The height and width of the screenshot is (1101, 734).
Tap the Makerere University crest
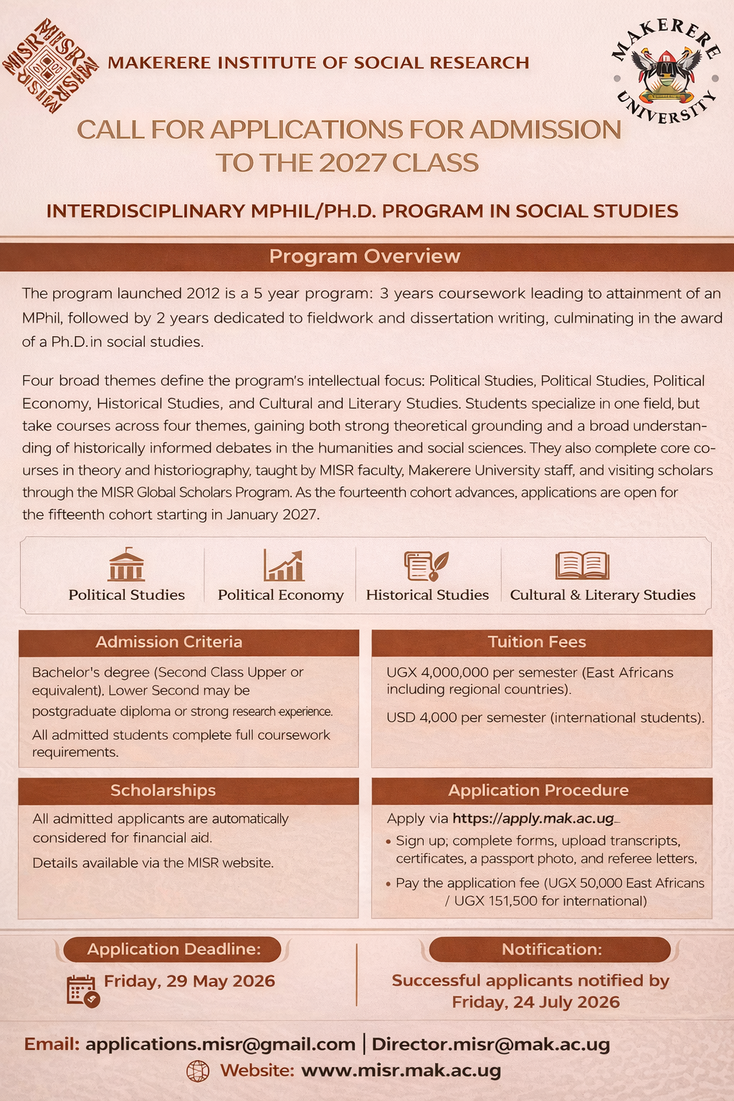[666, 73]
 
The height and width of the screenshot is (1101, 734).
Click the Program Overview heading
[365, 257]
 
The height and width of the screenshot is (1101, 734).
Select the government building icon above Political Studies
[126, 565]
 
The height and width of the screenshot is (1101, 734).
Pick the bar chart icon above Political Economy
[284, 565]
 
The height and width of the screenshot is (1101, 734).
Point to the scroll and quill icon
[426, 565]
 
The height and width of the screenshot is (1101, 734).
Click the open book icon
[582, 565]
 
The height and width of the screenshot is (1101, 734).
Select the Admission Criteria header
[169, 642]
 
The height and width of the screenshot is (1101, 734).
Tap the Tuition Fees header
[537, 642]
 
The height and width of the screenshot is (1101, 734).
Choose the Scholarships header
[163, 791]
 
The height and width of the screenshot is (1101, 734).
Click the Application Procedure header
[538, 791]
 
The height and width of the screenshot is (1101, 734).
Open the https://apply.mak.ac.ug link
[534, 819]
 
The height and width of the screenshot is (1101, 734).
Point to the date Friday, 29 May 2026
[189, 981]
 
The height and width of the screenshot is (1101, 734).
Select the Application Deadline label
[173, 950]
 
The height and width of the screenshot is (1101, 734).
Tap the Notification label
[551, 950]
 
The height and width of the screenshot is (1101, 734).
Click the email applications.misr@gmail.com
[220, 1044]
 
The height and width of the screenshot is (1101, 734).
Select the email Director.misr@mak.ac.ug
[490, 1044]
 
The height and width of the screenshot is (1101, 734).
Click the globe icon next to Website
[198, 1071]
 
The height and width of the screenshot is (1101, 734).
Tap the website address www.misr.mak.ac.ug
[401, 1071]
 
